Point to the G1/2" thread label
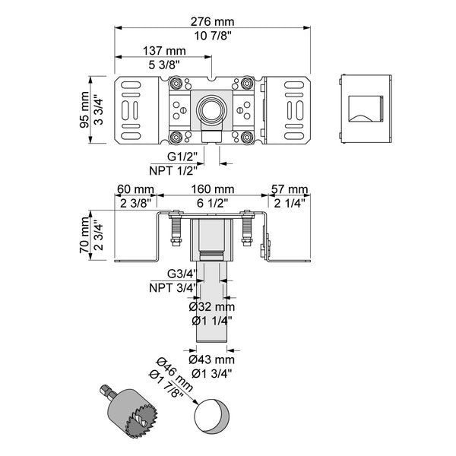click(182, 156)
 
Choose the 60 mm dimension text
click(135, 189)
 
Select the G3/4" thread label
click(182, 274)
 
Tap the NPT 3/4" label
click(173, 287)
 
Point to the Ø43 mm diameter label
click(212, 359)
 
